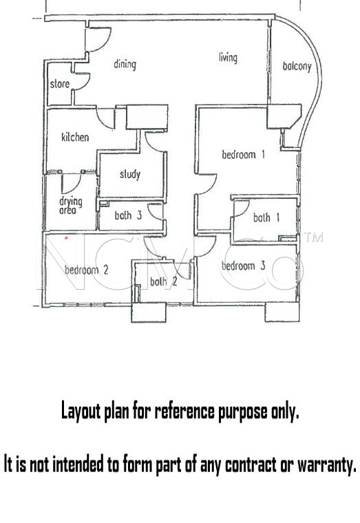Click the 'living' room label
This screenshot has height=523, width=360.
coord(229,57)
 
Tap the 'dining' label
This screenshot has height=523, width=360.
coord(125,64)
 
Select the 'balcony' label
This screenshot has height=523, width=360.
coord(297,66)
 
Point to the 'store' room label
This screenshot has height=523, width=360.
coord(60,84)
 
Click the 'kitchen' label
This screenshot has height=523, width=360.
coord(75,137)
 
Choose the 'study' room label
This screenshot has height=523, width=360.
coord(130,174)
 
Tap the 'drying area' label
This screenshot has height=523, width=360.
coord(71,205)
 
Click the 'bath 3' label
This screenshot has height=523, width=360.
coord(128,215)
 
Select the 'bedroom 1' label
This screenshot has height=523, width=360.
coord(243,154)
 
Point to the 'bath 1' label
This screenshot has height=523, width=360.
coord(266,217)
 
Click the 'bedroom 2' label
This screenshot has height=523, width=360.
coord(87,270)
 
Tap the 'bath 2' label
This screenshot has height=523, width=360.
coord(164,282)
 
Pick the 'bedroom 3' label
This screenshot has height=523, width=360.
coord(243,266)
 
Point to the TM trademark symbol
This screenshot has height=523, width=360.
coord(314,237)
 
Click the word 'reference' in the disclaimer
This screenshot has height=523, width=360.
coord(184,411)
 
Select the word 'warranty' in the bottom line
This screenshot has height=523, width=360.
coord(327,465)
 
